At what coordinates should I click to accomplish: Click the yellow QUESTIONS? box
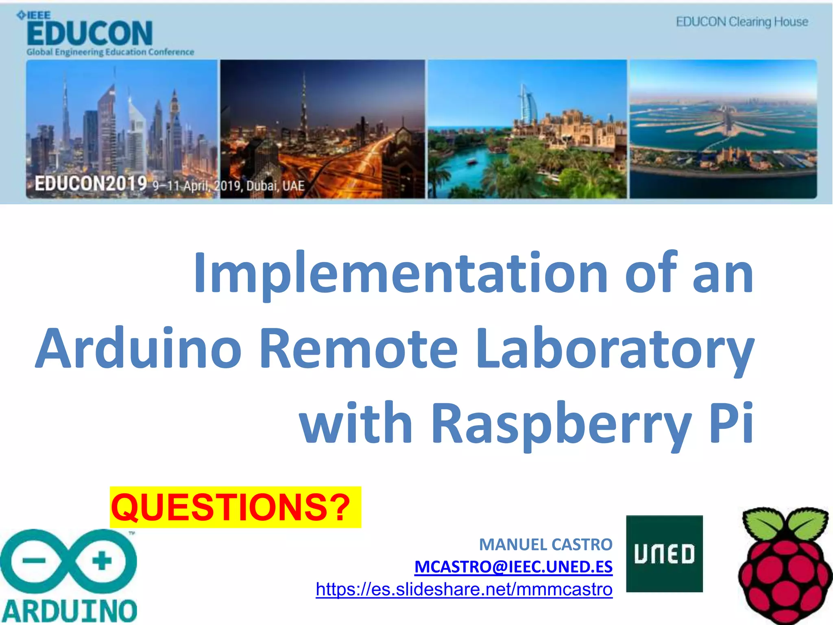[x=235, y=507]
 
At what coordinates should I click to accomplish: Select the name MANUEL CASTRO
[x=545, y=544]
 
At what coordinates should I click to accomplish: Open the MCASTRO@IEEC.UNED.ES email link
[x=513, y=566]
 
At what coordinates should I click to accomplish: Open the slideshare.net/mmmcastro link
[x=464, y=589]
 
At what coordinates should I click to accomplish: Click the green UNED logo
[x=664, y=553]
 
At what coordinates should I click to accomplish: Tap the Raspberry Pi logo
[x=785, y=566]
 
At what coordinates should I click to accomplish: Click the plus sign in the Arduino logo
[x=102, y=561]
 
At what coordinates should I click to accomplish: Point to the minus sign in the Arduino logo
[x=34, y=561]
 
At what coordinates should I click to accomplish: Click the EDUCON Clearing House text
[x=742, y=22]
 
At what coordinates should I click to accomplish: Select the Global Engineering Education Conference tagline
[x=110, y=52]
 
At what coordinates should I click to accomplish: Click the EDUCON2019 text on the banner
[x=91, y=184]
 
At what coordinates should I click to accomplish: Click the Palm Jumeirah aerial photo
[x=723, y=129]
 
